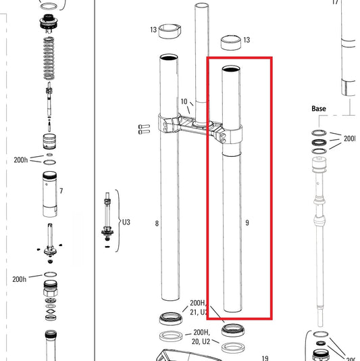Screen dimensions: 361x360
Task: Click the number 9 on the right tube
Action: [248, 222]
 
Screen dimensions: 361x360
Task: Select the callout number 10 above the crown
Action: [184, 102]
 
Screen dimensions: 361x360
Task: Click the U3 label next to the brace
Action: [126, 220]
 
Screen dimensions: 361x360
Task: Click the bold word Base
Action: [319, 108]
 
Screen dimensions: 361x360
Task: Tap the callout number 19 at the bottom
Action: [265, 358]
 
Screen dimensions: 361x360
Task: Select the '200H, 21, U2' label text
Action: [201, 308]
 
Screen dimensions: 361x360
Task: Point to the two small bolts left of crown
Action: [142, 128]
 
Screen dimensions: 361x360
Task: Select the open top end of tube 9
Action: [231, 68]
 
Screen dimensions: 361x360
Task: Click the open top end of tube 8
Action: [169, 57]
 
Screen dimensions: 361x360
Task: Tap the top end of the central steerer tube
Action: [203, 5]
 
